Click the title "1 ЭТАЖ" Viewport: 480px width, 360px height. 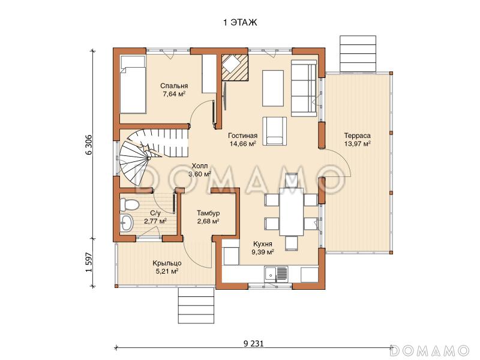tap(240, 22)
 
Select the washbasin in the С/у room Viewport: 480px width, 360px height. tap(126, 223)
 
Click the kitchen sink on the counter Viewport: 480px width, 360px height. tap(276, 274)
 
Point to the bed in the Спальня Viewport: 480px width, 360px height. tap(133, 85)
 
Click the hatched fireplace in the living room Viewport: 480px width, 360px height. tap(235, 68)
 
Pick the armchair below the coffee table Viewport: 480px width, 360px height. tap(275, 131)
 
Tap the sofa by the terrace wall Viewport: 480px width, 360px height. tap(304, 88)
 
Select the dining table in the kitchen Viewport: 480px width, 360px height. tap(291, 212)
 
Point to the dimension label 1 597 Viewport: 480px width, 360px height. tap(88, 262)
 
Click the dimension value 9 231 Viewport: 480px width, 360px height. tap(253, 343)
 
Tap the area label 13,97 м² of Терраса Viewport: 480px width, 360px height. tap(357, 143)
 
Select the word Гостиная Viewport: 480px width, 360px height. tap(243, 136)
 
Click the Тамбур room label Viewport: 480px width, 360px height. tap(208, 213)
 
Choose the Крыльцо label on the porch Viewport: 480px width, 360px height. tap(167, 263)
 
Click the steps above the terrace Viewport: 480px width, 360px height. tap(358, 53)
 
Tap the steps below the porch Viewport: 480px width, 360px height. tap(196, 305)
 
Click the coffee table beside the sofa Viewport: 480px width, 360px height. tap(273, 88)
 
